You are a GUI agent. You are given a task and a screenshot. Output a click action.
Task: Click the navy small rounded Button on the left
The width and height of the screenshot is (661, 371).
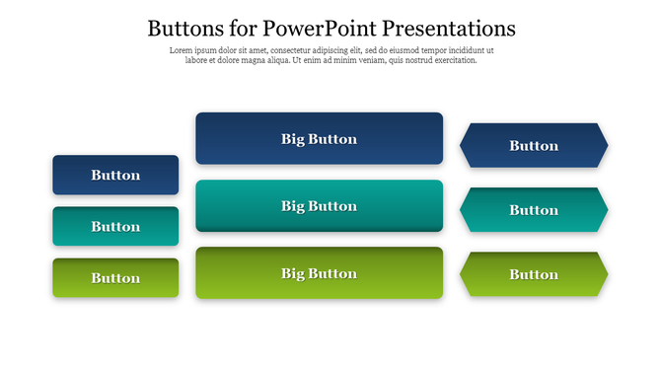(x=115, y=175)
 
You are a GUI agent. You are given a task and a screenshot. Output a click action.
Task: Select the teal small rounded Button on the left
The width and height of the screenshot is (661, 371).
(x=115, y=226)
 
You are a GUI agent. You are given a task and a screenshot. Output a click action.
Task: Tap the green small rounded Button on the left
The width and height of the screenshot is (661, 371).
(x=115, y=277)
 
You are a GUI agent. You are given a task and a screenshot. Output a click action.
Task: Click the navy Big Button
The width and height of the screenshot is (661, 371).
(x=319, y=138)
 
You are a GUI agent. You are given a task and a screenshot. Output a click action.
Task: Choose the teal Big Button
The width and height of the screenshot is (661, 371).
(x=319, y=205)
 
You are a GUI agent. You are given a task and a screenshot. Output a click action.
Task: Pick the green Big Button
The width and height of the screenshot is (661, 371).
(x=319, y=272)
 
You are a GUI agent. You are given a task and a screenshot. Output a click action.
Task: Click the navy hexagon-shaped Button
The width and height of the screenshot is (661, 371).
(x=534, y=145)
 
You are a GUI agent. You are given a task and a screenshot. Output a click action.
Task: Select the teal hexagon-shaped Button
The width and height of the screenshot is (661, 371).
(x=534, y=209)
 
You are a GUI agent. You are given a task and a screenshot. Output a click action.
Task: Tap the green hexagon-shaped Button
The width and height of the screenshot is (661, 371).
(x=534, y=274)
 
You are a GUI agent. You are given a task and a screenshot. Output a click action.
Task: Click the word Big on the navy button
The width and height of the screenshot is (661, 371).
(x=294, y=139)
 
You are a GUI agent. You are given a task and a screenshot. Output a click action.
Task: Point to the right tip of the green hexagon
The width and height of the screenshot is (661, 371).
(x=606, y=274)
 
